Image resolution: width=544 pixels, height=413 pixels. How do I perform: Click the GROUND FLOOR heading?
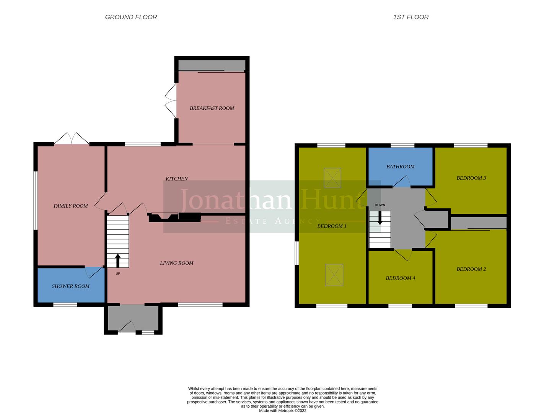tap(131, 17)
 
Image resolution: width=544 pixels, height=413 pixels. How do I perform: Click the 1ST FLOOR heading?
tap(410, 17)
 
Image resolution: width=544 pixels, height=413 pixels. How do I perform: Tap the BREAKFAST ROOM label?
tap(212, 108)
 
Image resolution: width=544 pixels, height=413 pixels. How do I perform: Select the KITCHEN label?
tap(176, 179)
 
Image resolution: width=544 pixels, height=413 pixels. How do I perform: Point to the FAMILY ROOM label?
tap(70, 206)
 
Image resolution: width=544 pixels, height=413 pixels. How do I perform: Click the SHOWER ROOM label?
tap(70, 286)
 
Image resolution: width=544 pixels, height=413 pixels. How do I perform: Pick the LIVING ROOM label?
tap(176, 263)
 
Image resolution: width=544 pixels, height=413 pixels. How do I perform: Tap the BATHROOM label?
tap(400, 167)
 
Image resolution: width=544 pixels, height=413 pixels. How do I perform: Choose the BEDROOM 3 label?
tap(471, 178)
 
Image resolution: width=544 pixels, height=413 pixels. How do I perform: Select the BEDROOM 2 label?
tap(471, 269)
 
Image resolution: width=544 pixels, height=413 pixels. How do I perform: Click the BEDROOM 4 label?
tap(400, 278)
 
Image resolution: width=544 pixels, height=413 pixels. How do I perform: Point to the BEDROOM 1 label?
tap(332, 226)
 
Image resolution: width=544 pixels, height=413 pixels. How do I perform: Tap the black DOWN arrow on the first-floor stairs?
tap(379, 218)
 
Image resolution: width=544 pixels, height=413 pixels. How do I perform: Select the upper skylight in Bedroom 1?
tap(332, 178)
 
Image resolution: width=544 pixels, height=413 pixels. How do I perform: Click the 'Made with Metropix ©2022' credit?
tap(282, 411)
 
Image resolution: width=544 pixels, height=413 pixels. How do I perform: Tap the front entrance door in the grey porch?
tap(127, 327)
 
